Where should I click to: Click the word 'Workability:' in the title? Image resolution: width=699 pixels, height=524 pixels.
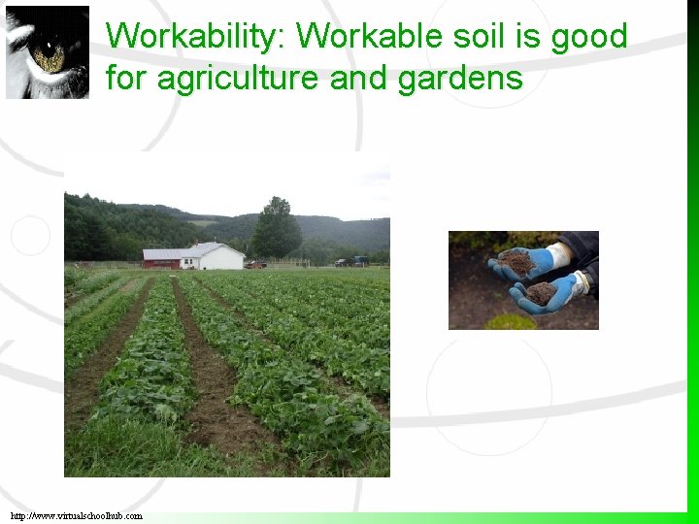(196, 37)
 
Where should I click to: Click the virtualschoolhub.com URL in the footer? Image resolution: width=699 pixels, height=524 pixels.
(77, 516)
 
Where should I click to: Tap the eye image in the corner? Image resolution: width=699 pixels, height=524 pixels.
(47, 52)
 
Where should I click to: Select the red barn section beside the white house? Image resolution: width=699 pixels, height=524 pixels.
(162, 258)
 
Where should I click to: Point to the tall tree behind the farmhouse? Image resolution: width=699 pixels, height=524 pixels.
(277, 228)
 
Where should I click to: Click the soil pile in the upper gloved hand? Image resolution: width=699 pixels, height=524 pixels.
(519, 261)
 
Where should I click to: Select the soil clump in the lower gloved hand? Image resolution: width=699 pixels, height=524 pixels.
(540, 292)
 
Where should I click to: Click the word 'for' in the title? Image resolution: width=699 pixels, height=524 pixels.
(126, 78)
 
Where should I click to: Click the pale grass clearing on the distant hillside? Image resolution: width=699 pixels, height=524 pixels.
(204, 223)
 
